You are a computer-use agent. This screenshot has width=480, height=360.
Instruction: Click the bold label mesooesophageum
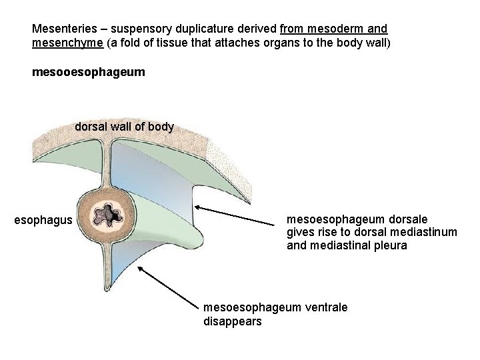click(x=88, y=71)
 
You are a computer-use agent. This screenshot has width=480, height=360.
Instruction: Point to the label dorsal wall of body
click(x=124, y=127)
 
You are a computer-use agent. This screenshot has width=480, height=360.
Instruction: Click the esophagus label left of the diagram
click(x=43, y=219)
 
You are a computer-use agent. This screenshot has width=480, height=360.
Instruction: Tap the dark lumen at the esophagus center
click(x=107, y=214)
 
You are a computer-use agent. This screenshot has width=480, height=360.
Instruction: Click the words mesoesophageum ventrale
click(x=275, y=307)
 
